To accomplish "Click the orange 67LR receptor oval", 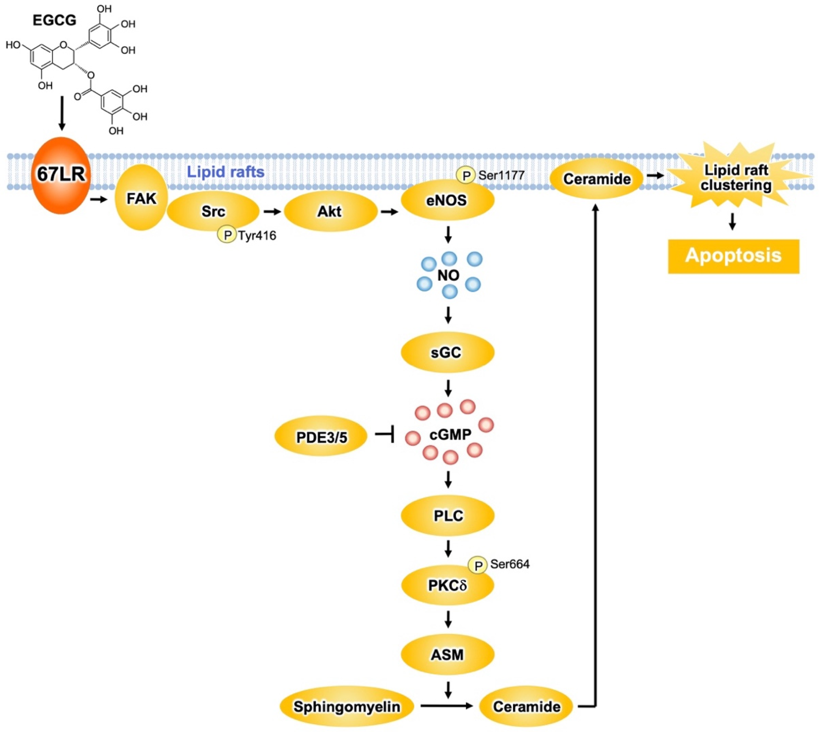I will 61,175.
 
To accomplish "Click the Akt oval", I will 330,211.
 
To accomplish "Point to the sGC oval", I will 447,352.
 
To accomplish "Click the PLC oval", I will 447,515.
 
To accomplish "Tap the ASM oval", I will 447,655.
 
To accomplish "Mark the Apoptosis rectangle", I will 733,256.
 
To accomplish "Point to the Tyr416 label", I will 257,235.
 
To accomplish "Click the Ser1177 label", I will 501,175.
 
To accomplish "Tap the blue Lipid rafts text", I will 226,172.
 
